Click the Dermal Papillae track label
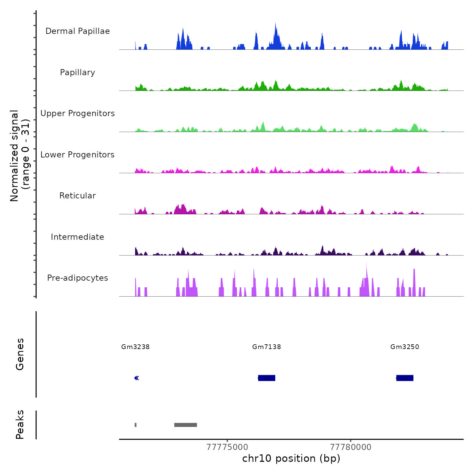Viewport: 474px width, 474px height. pos(78,31)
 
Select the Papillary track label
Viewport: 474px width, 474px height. pos(78,72)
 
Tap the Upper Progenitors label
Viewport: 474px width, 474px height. pos(78,113)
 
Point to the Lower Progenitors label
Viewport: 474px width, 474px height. pos(78,155)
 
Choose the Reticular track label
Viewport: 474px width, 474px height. pos(78,196)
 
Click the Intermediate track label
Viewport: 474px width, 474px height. pos(78,237)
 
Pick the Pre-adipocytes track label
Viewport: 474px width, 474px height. pos(78,278)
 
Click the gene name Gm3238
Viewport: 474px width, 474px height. pos(135,347)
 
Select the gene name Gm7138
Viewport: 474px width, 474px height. pos(266,347)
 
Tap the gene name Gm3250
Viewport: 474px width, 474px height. pos(405,347)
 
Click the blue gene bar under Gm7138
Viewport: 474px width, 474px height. pos(267,378)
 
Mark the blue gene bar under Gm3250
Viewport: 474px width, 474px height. pos(405,378)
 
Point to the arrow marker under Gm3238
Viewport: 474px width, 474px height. pos(136,378)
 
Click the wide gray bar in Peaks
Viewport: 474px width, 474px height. pos(186,425)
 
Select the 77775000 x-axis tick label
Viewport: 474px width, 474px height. pos(227,447)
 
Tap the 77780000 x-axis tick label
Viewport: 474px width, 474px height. pos(350,447)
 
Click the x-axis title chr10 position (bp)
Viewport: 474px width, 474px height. pos(291,458)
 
